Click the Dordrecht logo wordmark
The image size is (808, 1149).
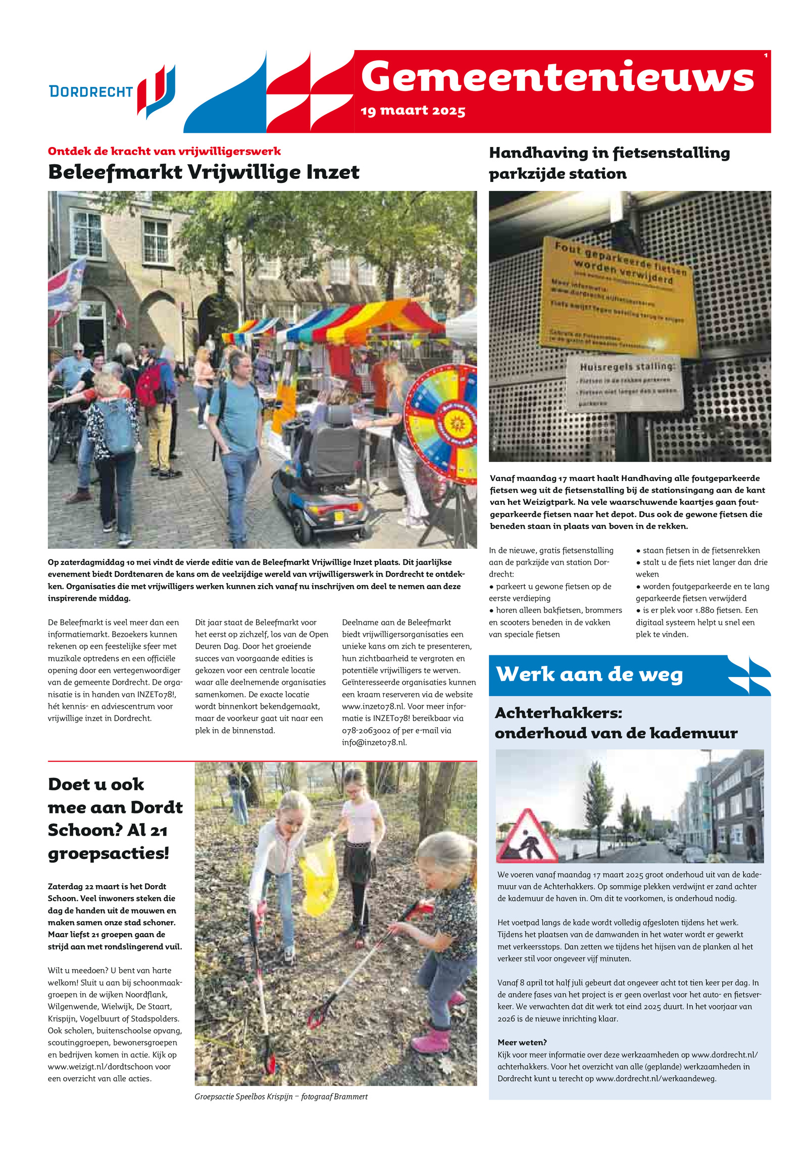pos(91,91)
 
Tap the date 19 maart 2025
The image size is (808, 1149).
pos(413,111)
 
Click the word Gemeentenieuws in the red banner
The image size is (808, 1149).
pos(557,77)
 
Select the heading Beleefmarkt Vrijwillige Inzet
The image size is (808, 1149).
pos(204,172)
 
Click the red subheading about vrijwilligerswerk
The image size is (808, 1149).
pos(164,151)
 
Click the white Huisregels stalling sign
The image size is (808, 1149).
pos(624,382)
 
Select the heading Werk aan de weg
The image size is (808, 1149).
pos(589,675)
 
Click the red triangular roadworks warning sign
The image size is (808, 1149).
pos(527,838)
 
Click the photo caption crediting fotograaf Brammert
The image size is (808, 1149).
pos(281,1096)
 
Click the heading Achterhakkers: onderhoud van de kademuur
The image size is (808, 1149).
pos(616,723)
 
